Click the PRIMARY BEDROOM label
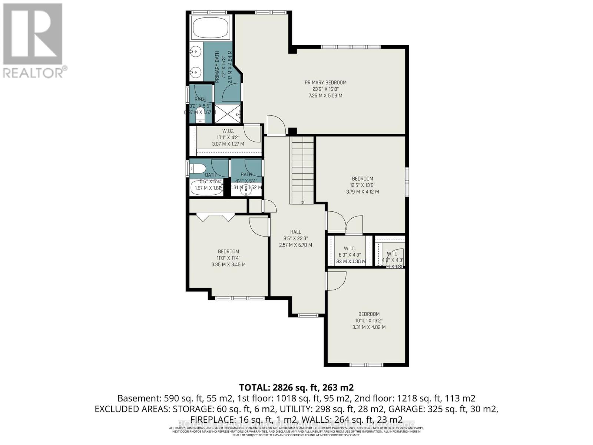325,82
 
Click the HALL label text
295,232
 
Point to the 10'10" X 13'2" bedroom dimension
369,320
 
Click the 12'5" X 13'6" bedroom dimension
362,185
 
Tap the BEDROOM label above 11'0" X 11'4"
228,251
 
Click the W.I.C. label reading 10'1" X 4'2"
228,131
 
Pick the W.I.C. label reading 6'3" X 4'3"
349,248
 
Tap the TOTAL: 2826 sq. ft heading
296,388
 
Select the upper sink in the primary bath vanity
195,50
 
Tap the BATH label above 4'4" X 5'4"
246,174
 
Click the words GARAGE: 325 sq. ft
458,409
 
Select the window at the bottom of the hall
306,316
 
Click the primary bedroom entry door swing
276,125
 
